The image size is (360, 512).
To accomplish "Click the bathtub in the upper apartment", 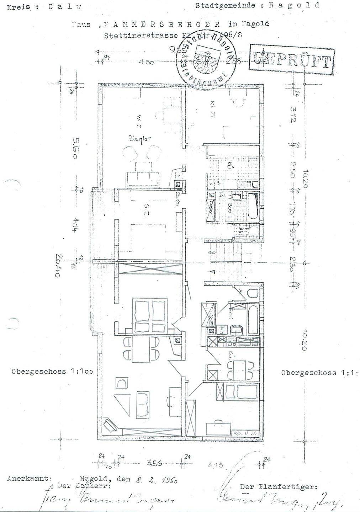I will [253, 206].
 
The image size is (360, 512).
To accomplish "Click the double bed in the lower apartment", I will [149, 314].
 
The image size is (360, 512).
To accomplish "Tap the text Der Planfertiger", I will [278, 487].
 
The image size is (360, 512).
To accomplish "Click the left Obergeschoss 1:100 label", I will [52, 372].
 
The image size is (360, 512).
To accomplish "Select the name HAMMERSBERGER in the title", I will [160, 25].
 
